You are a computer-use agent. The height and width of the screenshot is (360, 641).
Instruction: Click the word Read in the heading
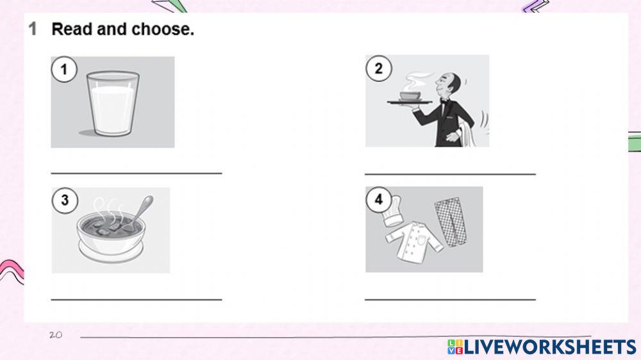click(71, 29)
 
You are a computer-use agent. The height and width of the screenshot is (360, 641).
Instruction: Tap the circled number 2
click(378, 68)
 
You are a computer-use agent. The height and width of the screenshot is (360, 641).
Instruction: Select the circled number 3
click(64, 200)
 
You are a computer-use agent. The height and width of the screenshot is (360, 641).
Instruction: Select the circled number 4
click(378, 199)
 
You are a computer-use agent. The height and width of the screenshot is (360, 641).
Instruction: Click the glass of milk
click(113, 103)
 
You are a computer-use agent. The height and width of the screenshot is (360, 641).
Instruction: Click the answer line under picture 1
click(136, 172)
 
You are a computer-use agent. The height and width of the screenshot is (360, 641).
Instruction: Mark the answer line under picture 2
click(450, 173)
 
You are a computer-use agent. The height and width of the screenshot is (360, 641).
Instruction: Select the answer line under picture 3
click(136, 299)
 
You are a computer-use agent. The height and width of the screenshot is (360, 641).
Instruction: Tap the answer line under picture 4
click(450, 299)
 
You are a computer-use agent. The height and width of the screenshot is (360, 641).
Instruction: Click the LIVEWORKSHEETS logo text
click(549, 347)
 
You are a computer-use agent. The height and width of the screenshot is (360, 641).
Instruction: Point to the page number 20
click(56, 335)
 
